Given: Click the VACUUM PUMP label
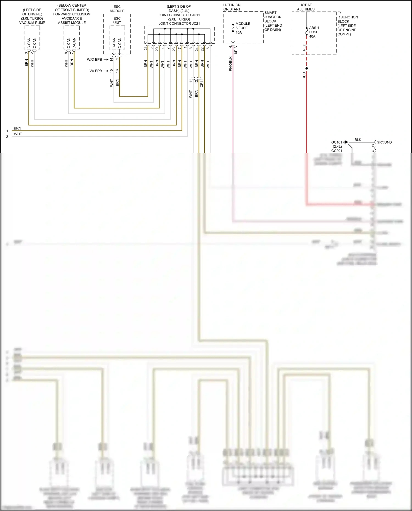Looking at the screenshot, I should pyautogui.click(x=32, y=23).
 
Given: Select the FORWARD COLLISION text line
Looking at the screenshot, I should pyautogui.click(x=72, y=14).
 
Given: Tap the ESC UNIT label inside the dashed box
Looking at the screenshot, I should pyautogui.click(x=117, y=21).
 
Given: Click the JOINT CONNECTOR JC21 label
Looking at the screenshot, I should pyautogui.click(x=179, y=24).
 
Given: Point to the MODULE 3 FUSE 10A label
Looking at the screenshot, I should pyautogui.click(x=242, y=28).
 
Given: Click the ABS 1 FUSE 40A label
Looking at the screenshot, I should pyautogui.click(x=314, y=32).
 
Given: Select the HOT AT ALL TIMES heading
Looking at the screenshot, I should pyautogui.click(x=305, y=7).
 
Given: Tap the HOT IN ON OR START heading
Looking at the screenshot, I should pyautogui.click(x=232, y=7).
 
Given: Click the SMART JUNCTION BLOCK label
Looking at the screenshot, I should pyautogui.click(x=272, y=21).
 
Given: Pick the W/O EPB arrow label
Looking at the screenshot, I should pyautogui.click(x=94, y=60).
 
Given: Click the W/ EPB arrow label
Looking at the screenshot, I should pyautogui.click(x=96, y=71).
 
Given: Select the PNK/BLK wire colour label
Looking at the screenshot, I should pyautogui.click(x=230, y=64).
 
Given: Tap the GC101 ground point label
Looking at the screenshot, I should pyautogui.click(x=336, y=142).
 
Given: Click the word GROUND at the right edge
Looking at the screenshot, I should pyautogui.click(x=384, y=142).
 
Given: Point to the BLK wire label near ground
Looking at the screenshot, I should pyautogui.click(x=358, y=140).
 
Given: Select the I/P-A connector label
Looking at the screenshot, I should pyautogui.click(x=236, y=50).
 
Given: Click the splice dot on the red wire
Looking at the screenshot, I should pyautogui.click(x=307, y=68).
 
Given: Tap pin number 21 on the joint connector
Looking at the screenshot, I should pyautogui.click(x=146, y=49).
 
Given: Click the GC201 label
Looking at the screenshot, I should pyautogui.click(x=336, y=151).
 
